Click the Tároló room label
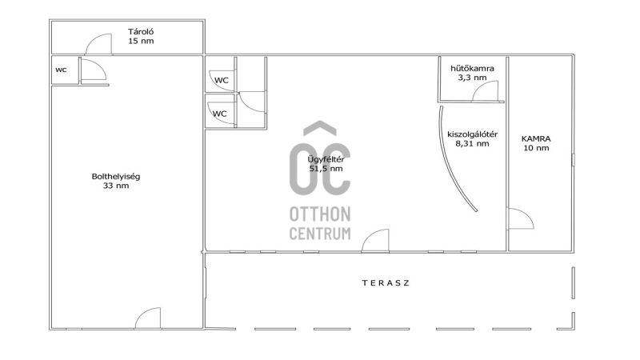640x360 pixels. click(141, 31)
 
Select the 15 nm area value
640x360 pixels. click(141, 41)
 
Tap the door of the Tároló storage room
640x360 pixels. click(98, 44)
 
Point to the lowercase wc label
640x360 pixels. click(61, 70)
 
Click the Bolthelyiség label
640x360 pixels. click(116, 177)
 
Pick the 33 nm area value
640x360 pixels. click(116, 186)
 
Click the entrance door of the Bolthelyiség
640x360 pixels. click(148, 318)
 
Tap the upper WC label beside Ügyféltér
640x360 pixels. click(222, 80)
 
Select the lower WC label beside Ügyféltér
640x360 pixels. click(219, 114)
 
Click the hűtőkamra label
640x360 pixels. click(472, 68)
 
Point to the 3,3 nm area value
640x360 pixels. click(472, 78)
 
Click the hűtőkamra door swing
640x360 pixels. click(486, 91)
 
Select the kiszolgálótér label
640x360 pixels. click(472, 134)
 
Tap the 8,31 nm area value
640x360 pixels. click(472, 144)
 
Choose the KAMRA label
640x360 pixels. click(536, 138)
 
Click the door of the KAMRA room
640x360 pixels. click(521, 218)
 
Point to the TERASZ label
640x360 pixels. click(386, 283)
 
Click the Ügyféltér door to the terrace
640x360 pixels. click(375, 240)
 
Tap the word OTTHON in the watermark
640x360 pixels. click(320, 214)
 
